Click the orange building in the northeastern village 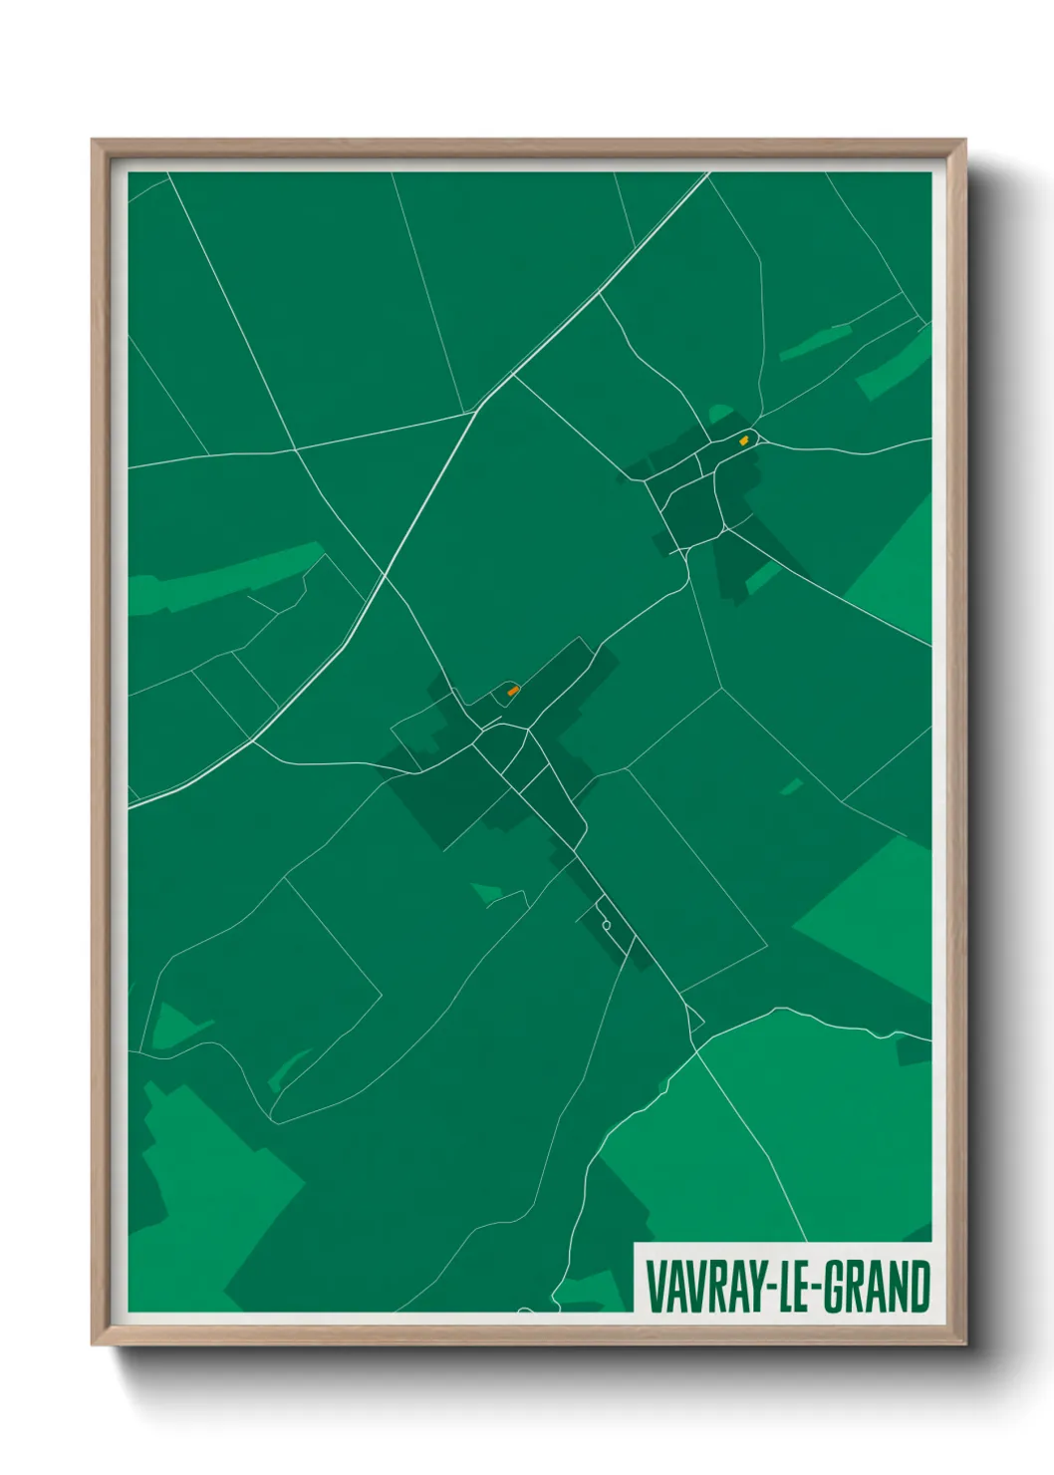tap(744, 439)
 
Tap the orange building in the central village tap(513, 690)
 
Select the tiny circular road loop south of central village tap(606, 925)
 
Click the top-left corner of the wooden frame tap(93, 141)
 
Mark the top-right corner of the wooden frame tap(964, 141)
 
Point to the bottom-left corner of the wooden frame tap(93, 1343)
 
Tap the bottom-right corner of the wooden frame tap(964, 1343)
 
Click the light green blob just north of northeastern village tap(719, 413)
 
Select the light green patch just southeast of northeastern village tap(762, 576)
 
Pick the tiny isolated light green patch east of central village tap(792, 786)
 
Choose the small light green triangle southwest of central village tap(486, 892)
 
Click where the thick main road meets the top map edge tap(708, 173)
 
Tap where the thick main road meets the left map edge tap(131, 805)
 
